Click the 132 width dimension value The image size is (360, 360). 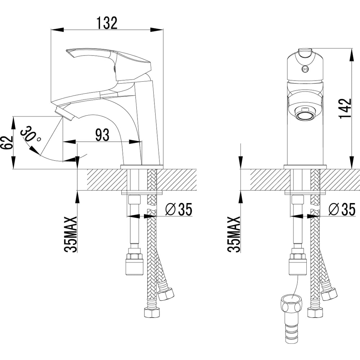pyautogui.click(x=107, y=23)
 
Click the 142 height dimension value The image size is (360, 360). pyautogui.click(x=345, y=109)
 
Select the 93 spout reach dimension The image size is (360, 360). pyautogui.click(x=102, y=135)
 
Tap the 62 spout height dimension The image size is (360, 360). pyautogui.click(x=7, y=143)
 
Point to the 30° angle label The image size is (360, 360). pyautogui.click(x=31, y=134)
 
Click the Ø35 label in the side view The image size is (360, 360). pyautogui.click(x=179, y=210)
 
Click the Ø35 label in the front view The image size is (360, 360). pyautogui.click(x=342, y=210)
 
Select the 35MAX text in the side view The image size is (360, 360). pyautogui.click(x=70, y=234)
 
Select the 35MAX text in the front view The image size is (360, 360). pyautogui.click(x=234, y=234)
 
